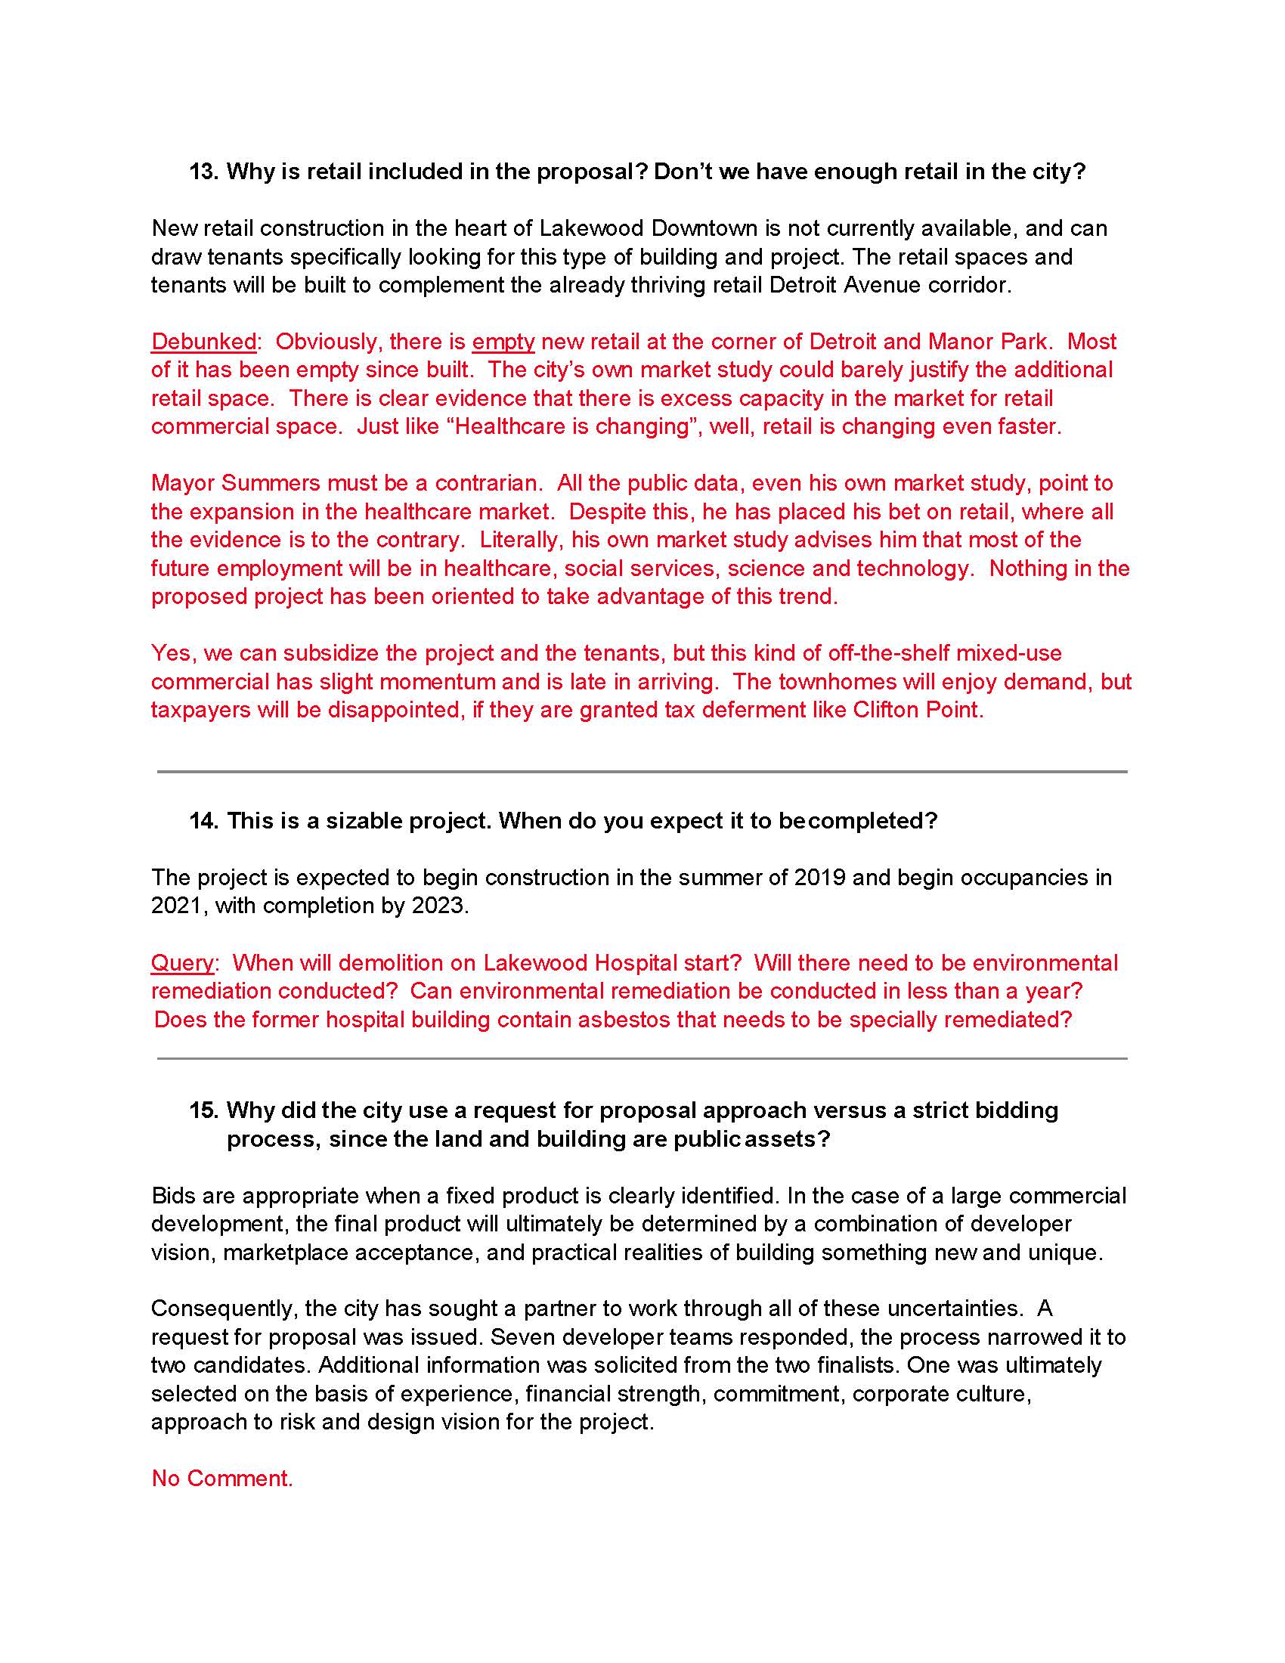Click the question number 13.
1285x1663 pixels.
tap(204, 172)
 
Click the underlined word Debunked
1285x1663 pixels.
tap(203, 342)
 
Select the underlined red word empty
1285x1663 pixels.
tap(503, 342)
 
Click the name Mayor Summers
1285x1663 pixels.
tap(234, 484)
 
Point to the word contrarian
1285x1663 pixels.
tap(488, 484)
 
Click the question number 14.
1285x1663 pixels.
tap(204, 821)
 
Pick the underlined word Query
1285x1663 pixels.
tap(182, 963)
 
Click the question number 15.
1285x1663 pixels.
tap(204, 1110)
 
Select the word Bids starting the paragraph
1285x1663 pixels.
tap(174, 1197)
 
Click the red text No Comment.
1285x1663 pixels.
tap(222, 1479)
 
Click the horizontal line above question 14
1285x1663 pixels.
tap(642, 772)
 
